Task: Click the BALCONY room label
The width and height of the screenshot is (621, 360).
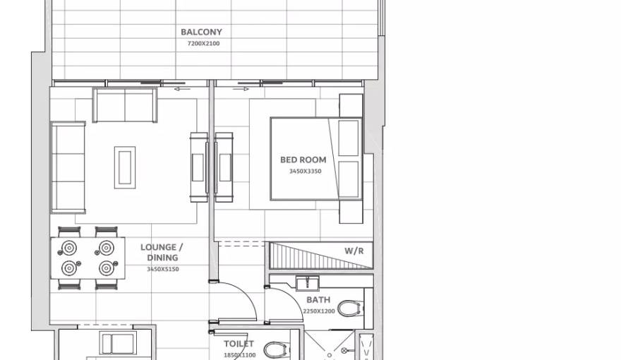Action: tap(201, 32)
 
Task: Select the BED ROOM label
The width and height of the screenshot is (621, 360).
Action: tap(303, 160)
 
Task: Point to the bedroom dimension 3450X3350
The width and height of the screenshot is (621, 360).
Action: tap(305, 172)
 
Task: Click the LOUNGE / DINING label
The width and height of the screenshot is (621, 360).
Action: tap(162, 252)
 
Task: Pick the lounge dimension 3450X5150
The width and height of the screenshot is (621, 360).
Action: tap(162, 269)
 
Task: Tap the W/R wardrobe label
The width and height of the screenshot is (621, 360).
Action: tap(354, 251)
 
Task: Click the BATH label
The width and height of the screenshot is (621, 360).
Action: tap(318, 300)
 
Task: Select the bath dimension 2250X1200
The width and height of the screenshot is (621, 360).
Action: tap(319, 311)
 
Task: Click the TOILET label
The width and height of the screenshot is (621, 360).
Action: tap(239, 344)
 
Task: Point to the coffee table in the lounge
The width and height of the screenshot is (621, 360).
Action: tap(125, 167)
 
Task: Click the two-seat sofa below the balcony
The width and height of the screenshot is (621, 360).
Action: tap(125, 106)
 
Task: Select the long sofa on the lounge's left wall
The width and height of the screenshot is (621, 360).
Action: tap(68, 167)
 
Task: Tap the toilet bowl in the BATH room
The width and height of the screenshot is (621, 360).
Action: tap(350, 308)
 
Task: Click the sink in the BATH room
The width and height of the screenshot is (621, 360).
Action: tap(308, 284)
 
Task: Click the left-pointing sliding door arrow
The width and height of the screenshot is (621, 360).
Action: tap(181, 90)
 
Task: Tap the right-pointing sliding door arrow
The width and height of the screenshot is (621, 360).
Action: tap(241, 90)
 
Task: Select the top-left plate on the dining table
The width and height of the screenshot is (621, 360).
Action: tap(69, 248)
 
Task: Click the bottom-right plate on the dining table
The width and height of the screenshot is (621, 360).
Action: tap(106, 268)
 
